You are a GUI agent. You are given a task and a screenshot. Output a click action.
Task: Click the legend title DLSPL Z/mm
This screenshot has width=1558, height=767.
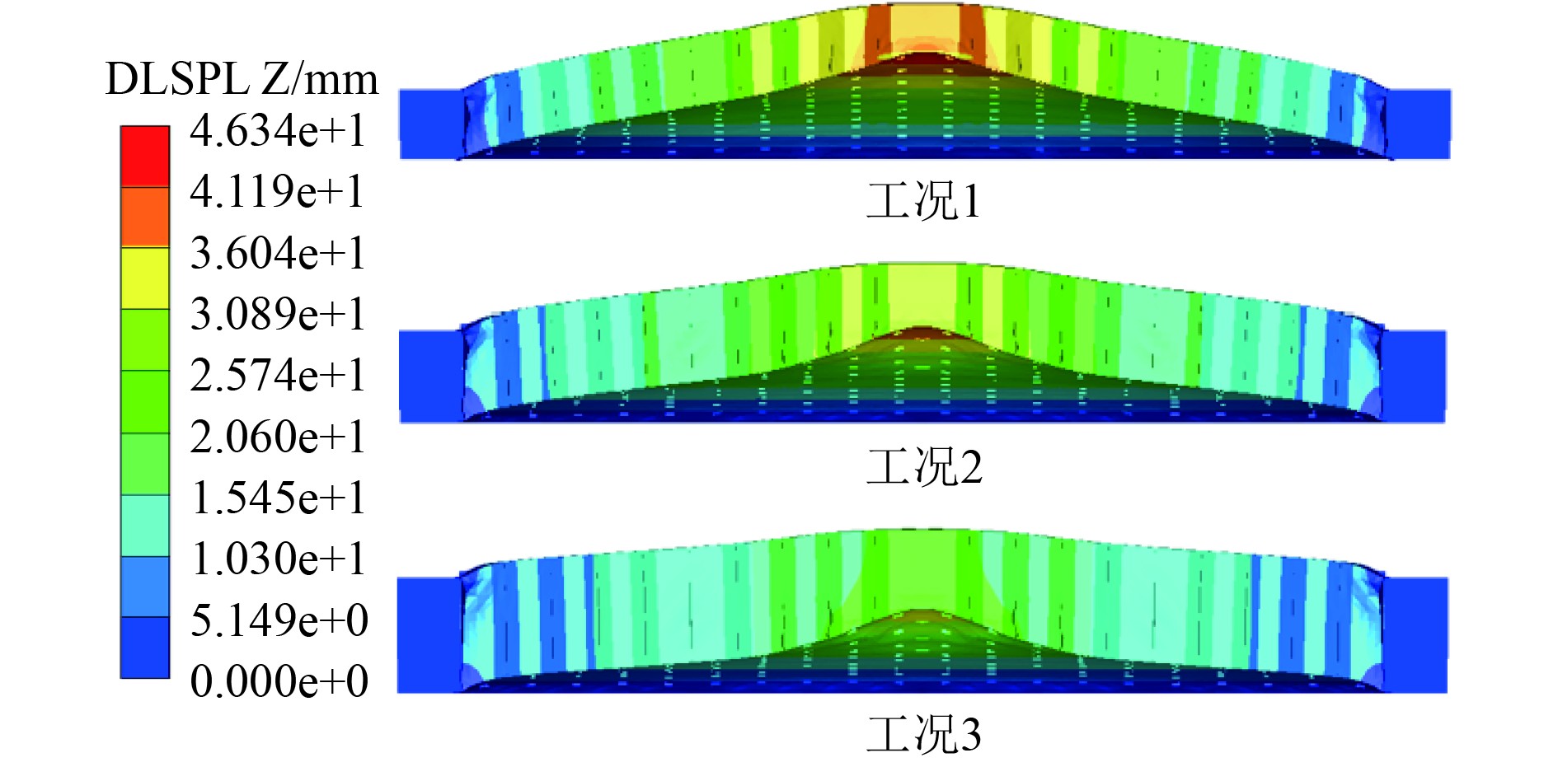click(x=242, y=80)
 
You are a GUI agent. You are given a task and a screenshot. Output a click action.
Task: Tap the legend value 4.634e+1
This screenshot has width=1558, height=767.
click(x=278, y=131)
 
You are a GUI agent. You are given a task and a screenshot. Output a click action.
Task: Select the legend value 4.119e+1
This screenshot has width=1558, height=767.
click(x=278, y=192)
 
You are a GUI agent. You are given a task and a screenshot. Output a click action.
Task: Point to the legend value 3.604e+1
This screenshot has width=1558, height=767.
click(x=278, y=253)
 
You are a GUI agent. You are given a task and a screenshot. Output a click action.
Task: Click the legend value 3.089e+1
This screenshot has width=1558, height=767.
click(x=278, y=314)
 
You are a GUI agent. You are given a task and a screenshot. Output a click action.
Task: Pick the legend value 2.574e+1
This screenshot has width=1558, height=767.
click(x=278, y=375)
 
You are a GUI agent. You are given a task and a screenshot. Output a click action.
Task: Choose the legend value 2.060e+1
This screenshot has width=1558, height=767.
click(x=278, y=437)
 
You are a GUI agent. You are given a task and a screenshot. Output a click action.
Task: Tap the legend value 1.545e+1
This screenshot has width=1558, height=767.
click(x=278, y=498)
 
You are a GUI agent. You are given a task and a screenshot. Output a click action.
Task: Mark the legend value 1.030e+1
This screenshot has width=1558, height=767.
click(x=278, y=559)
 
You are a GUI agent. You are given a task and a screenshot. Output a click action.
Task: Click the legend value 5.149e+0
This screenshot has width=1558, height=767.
click(x=279, y=620)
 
